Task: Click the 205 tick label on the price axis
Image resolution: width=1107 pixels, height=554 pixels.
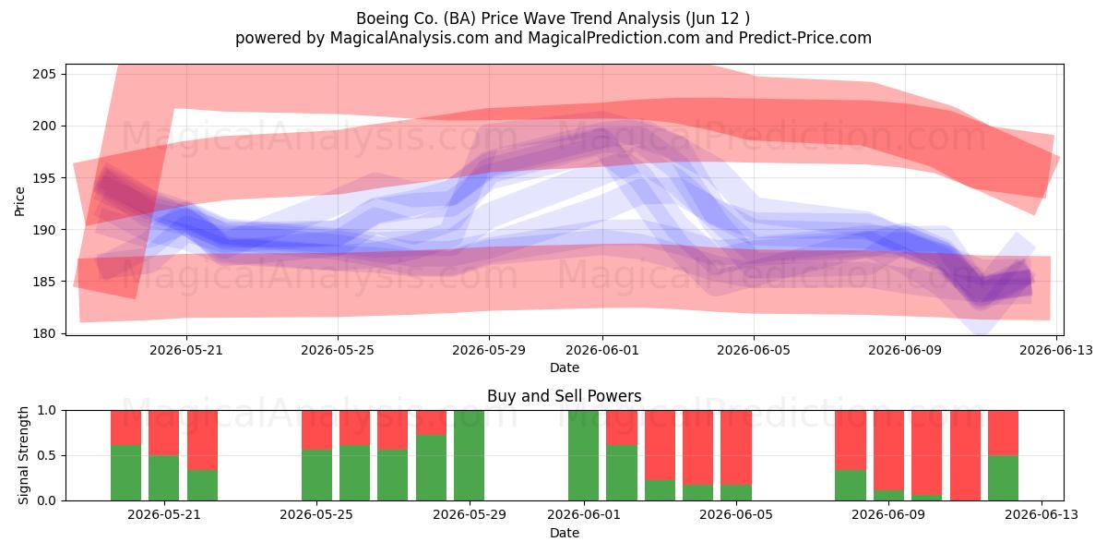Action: [x=44, y=74]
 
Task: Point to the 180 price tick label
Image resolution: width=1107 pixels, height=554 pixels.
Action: [x=44, y=333]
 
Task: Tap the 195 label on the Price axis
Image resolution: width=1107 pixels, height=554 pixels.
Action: [x=44, y=178]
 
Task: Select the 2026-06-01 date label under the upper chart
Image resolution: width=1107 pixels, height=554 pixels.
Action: [x=601, y=350]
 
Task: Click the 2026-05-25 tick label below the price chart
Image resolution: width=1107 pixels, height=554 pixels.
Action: [x=338, y=350]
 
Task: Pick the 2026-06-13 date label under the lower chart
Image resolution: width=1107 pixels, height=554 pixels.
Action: [x=1042, y=514]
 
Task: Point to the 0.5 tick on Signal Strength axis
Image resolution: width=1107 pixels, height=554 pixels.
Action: [x=47, y=455]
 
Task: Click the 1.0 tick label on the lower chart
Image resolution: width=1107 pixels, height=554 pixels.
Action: [x=47, y=411]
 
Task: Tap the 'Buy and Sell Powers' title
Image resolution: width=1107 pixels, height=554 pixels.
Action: [x=565, y=396]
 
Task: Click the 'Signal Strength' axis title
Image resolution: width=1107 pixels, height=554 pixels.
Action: [x=23, y=455]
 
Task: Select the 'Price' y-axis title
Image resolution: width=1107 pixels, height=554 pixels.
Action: [x=19, y=201]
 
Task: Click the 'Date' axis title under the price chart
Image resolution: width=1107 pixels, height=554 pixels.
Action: [x=565, y=367]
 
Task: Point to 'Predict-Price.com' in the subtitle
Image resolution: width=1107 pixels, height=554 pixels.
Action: [x=805, y=38]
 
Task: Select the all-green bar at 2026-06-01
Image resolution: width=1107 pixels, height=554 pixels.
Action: [x=583, y=455]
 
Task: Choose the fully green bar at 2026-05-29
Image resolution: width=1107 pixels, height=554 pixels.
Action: [x=469, y=455]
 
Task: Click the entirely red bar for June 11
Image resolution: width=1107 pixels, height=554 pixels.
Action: [x=965, y=455]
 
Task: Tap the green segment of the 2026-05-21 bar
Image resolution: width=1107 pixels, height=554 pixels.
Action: [x=163, y=478]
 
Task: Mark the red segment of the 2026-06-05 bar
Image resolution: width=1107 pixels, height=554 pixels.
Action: [x=736, y=448]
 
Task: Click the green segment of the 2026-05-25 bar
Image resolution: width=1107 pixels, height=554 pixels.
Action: [x=316, y=476]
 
